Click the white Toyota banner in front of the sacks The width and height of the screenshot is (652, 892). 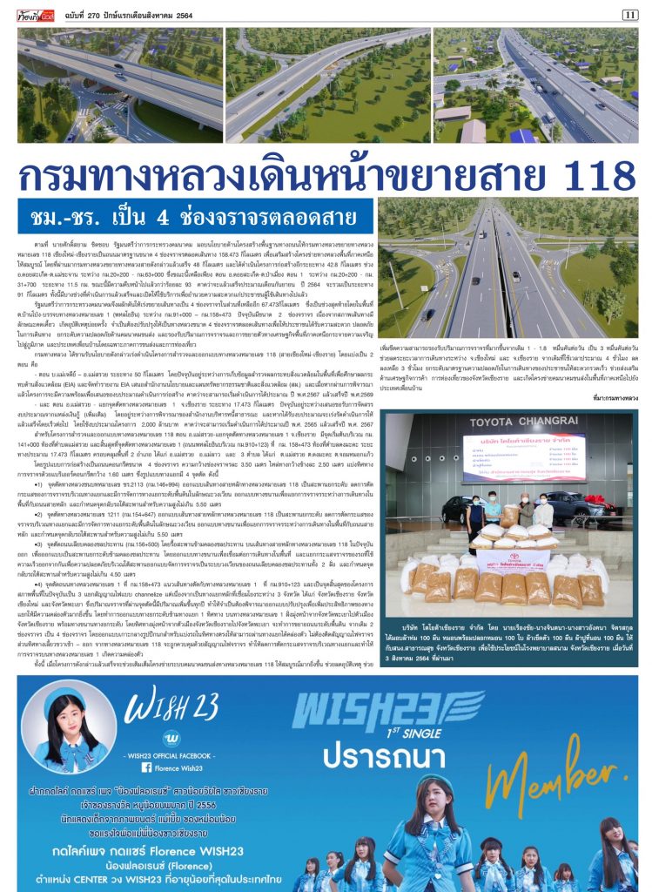coord(512,558)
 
